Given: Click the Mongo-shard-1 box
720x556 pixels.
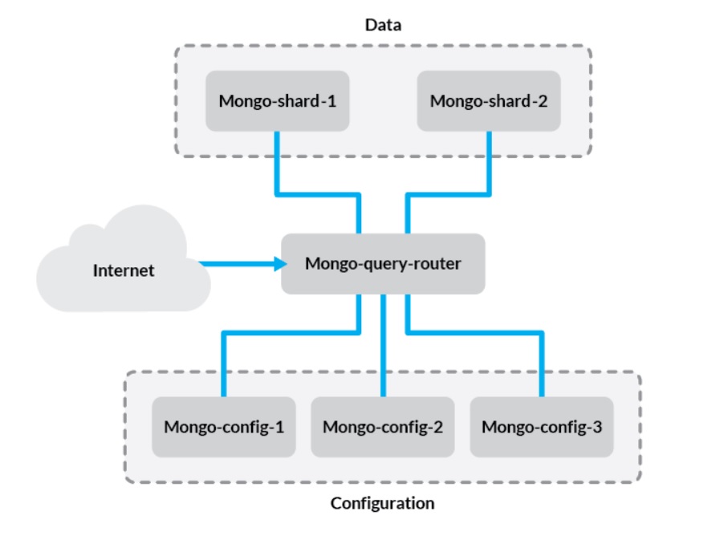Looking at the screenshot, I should [277, 101].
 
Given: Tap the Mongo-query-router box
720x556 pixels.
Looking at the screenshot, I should [383, 263].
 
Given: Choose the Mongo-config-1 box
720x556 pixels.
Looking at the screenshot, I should [224, 426].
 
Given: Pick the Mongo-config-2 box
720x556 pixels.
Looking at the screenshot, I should [383, 426].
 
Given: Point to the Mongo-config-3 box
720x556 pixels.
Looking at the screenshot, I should [542, 426].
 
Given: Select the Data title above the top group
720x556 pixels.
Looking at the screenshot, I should [383, 25].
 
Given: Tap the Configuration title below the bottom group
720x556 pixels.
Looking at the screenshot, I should [382, 504].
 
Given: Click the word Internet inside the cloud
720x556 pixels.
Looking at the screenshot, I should [123, 270].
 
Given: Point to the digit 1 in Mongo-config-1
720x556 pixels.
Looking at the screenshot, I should [279, 426].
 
